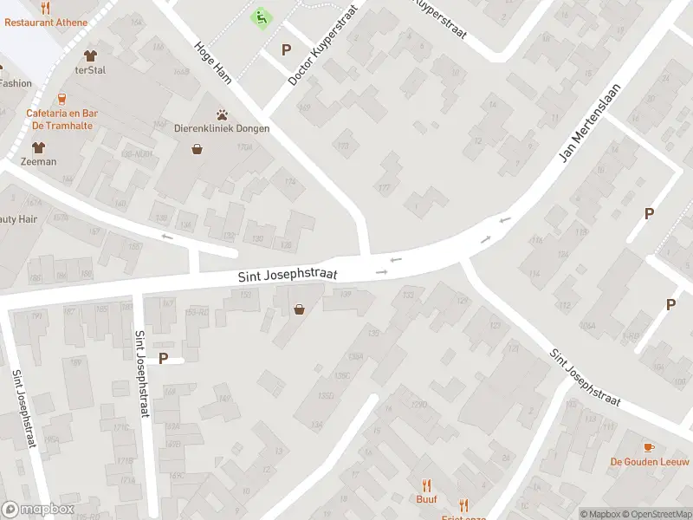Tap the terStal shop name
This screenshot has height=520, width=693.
coord(90,70)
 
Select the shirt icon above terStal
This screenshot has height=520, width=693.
coord(90,55)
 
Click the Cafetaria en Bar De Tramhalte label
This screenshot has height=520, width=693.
coord(62,119)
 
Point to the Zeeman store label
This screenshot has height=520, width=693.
coord(39,161)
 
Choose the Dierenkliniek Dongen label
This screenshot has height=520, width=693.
coord(222,128)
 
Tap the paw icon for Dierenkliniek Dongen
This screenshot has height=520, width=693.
coord(223,114)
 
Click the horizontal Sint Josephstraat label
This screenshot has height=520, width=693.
coord(288,275)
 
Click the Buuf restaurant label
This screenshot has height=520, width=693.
coord(426,499)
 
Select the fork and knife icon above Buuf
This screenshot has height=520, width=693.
coord(426,485)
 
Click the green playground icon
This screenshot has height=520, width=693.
coord(260,16)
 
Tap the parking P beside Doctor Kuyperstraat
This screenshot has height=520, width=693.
coord(286,50)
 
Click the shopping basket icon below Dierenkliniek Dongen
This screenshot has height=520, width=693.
coord(198,149)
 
